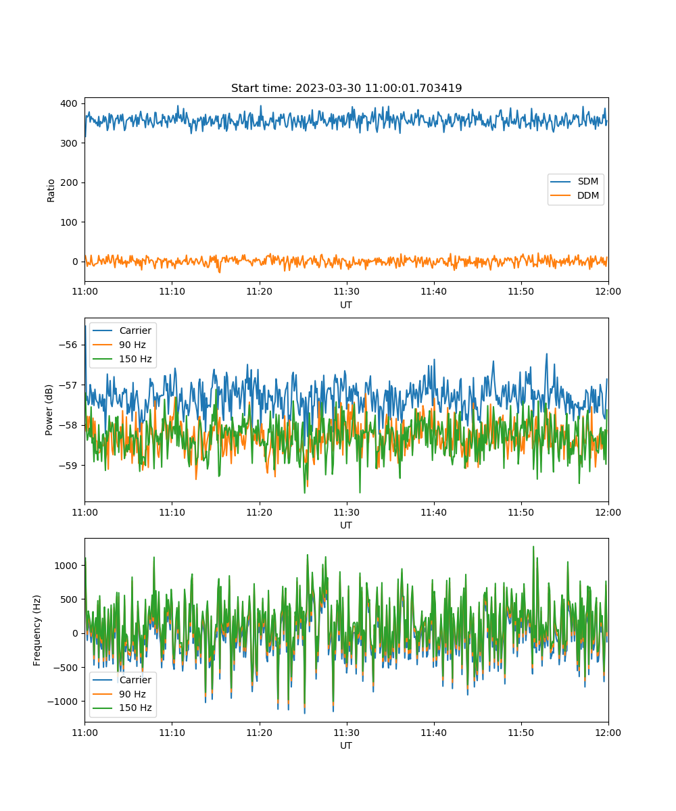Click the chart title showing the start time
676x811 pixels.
346,88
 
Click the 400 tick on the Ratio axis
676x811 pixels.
69,103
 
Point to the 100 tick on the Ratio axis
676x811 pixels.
69,222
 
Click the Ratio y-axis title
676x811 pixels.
51,191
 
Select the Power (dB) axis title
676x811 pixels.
49,410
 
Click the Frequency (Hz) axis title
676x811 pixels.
37,631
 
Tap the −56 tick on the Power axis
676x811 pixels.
68,345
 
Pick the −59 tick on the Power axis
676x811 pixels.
68,466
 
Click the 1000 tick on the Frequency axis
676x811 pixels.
66,566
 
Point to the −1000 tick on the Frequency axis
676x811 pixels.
63,702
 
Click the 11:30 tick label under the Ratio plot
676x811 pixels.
347,292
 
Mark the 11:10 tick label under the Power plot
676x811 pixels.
172,512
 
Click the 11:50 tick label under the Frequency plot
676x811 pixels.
521,733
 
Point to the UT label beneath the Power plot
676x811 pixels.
346,526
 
